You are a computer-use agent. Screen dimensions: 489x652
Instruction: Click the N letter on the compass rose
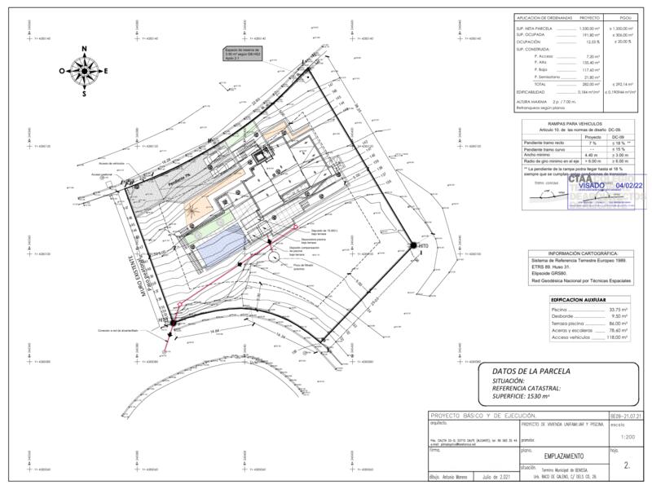(x=84, y=50)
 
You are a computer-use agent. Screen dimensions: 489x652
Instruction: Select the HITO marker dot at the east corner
(x=413, y=245)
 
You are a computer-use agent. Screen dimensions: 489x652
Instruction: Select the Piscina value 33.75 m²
(x=619, y=311)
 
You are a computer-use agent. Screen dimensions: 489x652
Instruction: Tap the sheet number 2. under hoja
(x=626, y=466)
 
